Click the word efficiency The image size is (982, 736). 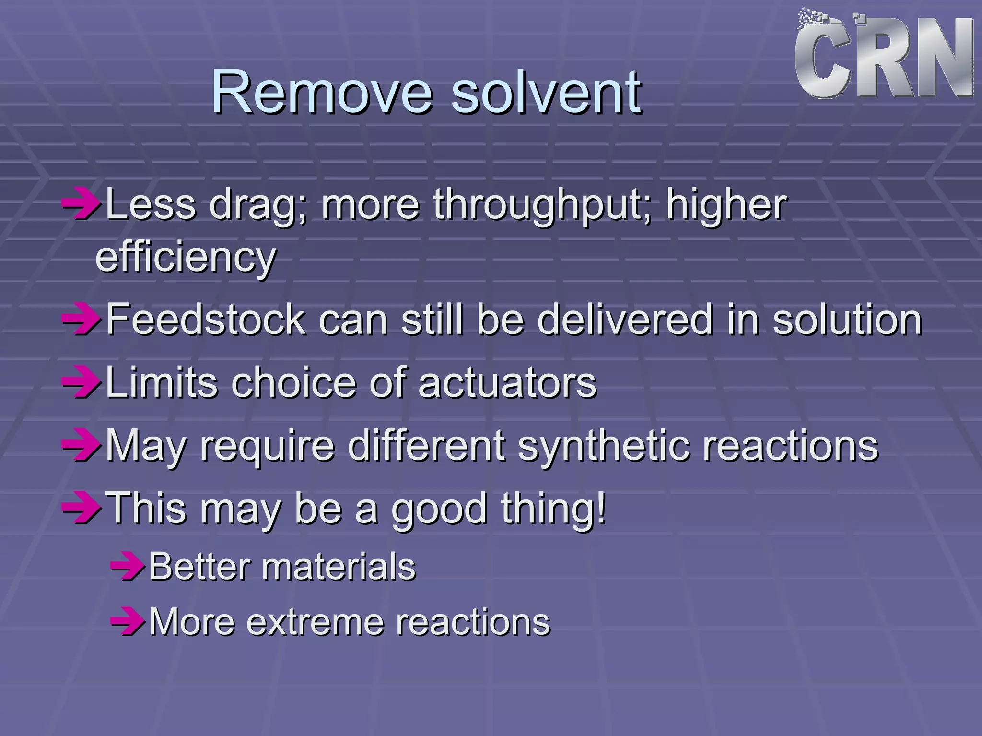[186, 257]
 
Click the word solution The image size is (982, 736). [847, 320]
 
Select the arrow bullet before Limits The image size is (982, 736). [81, 383]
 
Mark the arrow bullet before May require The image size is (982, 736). [81, 445]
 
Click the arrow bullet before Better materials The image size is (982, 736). [128, 567]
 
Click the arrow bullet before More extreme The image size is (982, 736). [128, 622]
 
